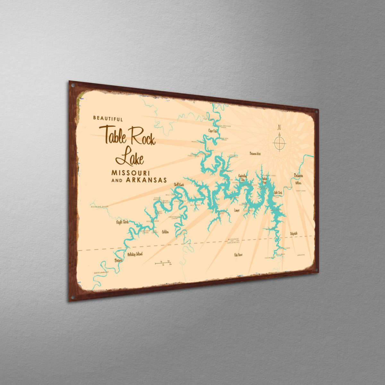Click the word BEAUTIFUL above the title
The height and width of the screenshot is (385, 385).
click(x=108, y=119)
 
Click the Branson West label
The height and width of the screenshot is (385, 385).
click(x=255, y=154)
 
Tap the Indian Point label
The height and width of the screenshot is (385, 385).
click(x=265, y=180)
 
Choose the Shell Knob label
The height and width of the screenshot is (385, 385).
click(x=179, y=185)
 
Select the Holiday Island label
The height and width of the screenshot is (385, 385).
click(x=134, y=254)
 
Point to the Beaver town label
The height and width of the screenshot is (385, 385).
click(x=118, y=261)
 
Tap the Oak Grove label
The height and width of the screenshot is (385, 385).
click(x=238, y=255)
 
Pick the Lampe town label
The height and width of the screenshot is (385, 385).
click(x=237, y=210)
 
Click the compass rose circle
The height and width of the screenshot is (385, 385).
click(x=279, y=143)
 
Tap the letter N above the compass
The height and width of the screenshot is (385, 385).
click(x=279, y=126)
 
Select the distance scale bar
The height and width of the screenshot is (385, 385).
click(x=164, y=264)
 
